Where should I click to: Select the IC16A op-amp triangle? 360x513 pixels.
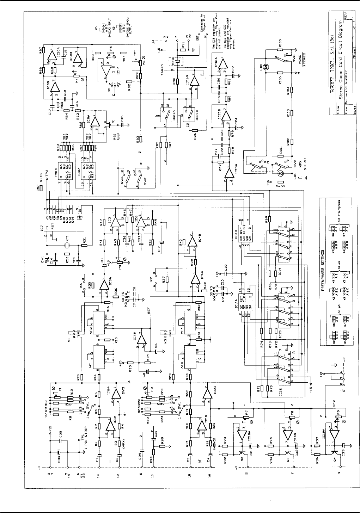[221, 64]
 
